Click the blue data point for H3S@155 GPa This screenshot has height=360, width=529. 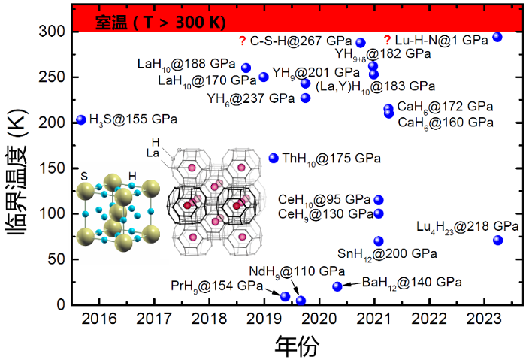(81, 120)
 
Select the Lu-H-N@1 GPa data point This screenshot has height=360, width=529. (497, 37)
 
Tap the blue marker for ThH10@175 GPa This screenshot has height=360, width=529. (274, 158)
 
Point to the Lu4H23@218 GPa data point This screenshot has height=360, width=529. (497, 240)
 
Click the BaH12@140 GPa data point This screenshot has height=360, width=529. (337, 286)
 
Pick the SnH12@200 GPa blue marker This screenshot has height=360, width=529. (379, 241)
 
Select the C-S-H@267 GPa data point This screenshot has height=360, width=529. (361, 43)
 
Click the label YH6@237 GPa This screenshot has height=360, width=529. (250, 98)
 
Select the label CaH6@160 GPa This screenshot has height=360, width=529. (445, 122)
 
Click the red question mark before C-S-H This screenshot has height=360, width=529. (242, 41)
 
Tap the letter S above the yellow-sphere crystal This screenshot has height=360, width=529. (83, 175)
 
